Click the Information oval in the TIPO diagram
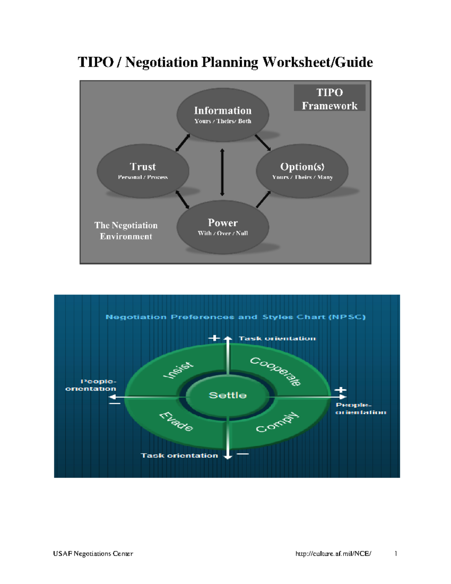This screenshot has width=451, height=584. click(x=223, y=114)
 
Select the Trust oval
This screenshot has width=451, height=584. click(x=143, y=171)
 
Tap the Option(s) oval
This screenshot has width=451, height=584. click(x=302, y=171)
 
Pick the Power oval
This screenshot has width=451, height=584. click(x=223, y=227)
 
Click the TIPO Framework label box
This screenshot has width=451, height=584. click(x=330, y=99)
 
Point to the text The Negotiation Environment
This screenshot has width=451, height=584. click(x=126, y=231)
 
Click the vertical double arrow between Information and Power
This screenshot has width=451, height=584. click(x=222, y=172)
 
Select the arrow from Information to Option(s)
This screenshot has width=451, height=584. click(x=263, y=143)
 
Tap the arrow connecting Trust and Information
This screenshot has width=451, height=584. click(x=183, y=143)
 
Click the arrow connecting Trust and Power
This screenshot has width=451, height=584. click(x=183, y=199)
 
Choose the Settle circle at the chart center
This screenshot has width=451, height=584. click(x=228, y=395)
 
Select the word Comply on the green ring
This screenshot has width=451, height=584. click(x=277, y=422)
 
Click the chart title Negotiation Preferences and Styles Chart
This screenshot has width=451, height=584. click(x=236, y=317)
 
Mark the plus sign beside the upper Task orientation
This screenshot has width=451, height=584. click(x=214, y=338)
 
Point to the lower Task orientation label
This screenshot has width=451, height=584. click(x=179, y=455)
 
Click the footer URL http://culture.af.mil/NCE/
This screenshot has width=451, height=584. click(x=333, y=554)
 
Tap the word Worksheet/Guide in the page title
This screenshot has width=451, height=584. click(x=318, y=62)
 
